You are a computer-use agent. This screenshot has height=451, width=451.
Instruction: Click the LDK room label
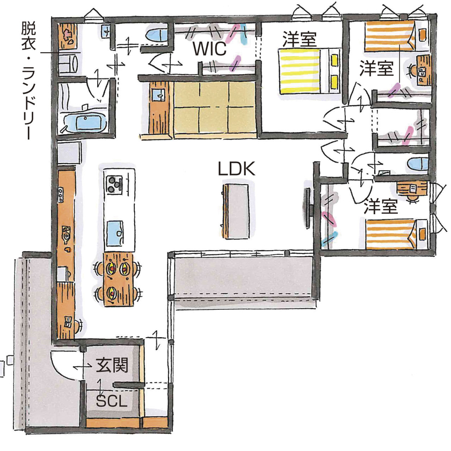point(236,168)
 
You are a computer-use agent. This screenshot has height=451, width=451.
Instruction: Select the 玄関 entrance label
point(112,366)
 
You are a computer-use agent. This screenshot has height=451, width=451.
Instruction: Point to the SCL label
point(112,401)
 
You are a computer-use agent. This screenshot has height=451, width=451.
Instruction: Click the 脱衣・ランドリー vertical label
point(27,81)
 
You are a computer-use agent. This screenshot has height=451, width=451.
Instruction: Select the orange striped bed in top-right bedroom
point(390,37)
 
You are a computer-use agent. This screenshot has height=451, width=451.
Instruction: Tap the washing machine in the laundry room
point(69,62)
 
